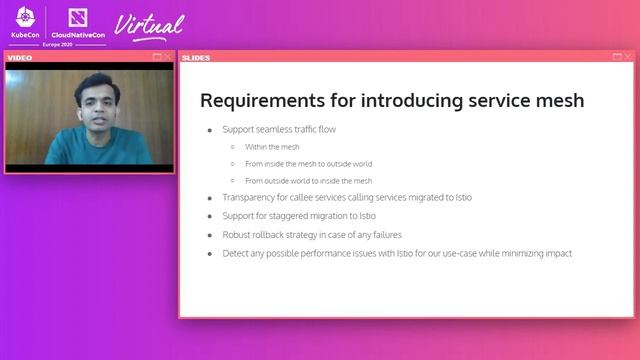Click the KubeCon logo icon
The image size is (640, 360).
26,18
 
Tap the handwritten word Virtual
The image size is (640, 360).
150,24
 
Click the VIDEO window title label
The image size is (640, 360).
21,57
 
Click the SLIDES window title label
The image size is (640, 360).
196,57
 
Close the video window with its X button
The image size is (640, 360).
167,57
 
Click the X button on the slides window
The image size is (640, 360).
627,57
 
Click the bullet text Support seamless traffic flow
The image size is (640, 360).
286,130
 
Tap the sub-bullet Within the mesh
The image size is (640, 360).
272,147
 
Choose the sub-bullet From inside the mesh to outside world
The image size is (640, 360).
308,164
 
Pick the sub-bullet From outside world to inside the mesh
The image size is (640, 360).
308,181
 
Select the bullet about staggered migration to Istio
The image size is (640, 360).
299,216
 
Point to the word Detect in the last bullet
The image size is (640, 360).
236,254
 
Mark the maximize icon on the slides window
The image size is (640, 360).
616,57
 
